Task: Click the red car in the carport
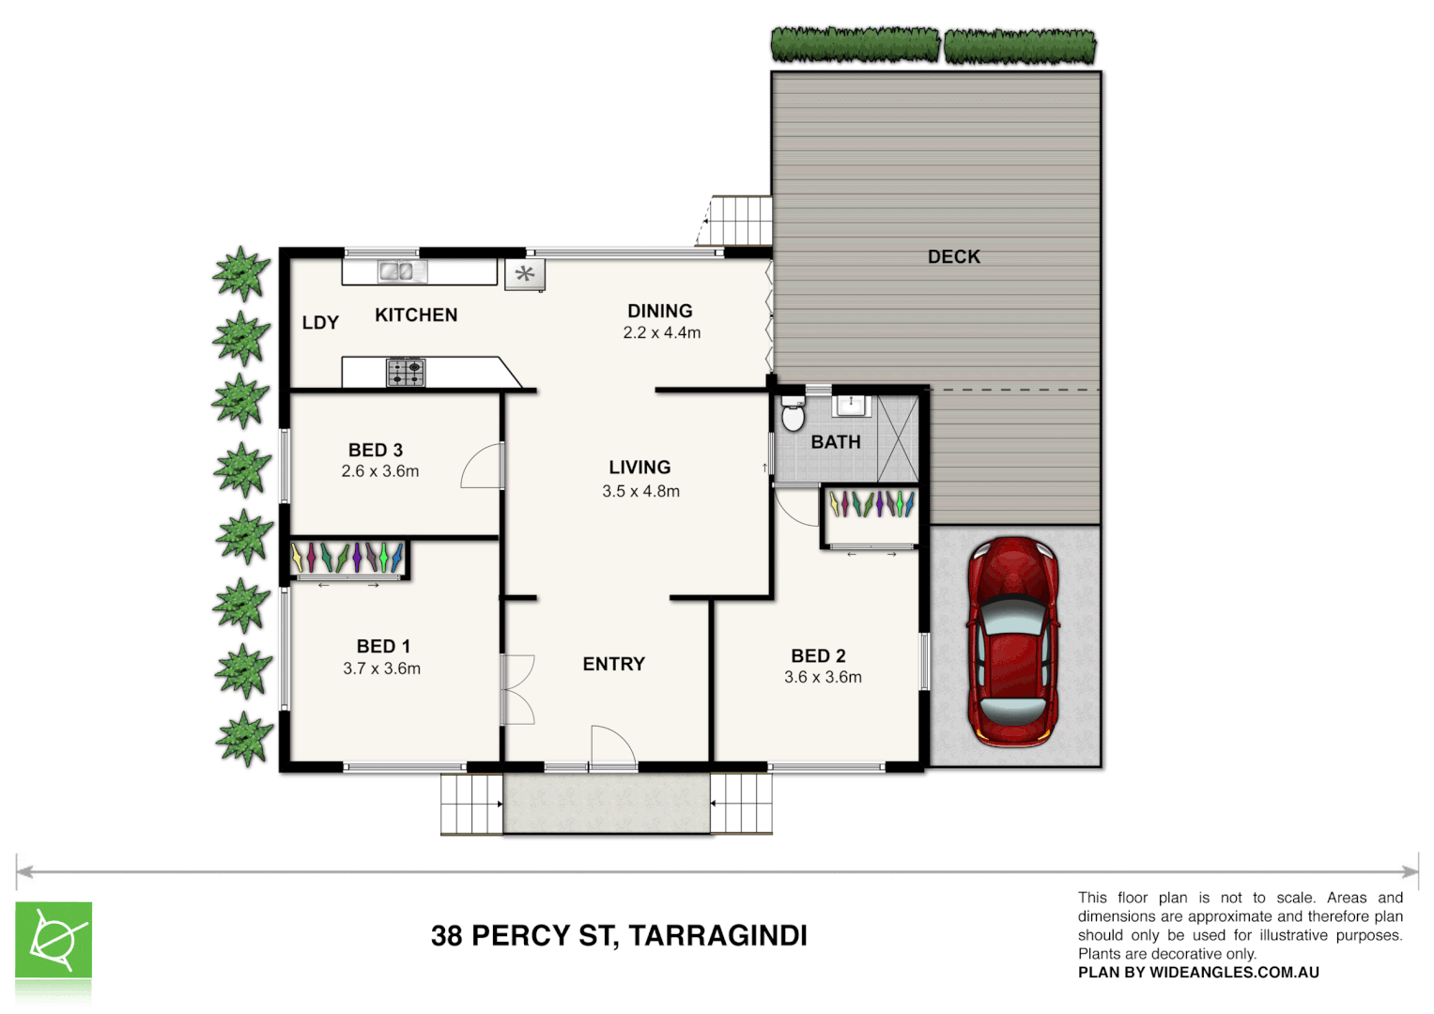(x=1013, y=642)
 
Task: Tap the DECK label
(x=953, y=256)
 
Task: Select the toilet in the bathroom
(x=794, y=413)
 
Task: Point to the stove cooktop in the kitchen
(x=406, y=373)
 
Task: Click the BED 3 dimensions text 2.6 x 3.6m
(x=379, y=471)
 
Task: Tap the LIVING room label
(x=640, y=467)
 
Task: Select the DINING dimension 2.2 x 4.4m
(x=661, y=332)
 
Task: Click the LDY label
(x=320, y=322)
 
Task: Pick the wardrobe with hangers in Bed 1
(x=347, y=558)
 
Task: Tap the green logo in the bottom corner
(x=54, y=941)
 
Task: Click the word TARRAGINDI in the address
(x=717, y=935)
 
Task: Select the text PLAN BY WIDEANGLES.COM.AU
(x=1198, y=973)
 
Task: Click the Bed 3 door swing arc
(x=481, y=466)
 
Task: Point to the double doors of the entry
(x=517, y=689)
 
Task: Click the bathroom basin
(x=852, y=405)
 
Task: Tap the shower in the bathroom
(x=898, y=438)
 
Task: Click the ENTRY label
(x=613, y=664)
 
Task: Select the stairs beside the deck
(x=739, y=221)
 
